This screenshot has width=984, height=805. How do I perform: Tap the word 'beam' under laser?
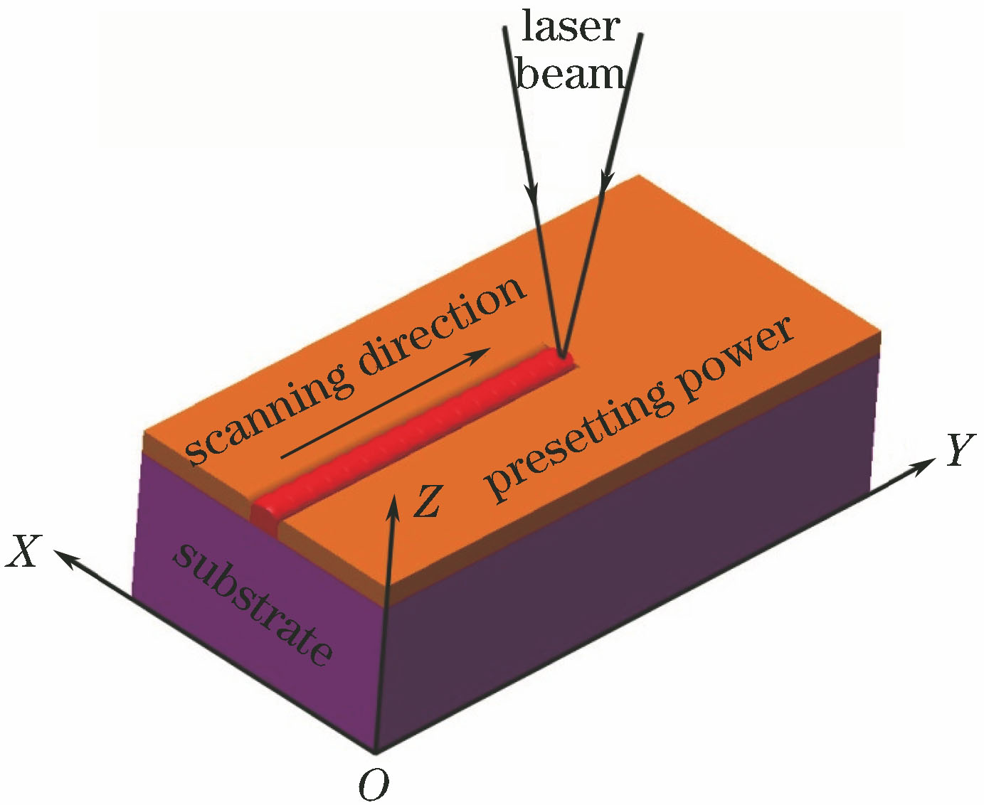point(571,73)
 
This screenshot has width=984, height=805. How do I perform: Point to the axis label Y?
point(960,450)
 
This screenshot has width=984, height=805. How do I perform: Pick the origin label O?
point(374,785)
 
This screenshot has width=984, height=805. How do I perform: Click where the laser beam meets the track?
point(562,354)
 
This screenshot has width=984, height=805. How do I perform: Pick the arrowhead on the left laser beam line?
point(531,192)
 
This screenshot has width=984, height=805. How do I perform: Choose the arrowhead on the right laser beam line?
point(604,181)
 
